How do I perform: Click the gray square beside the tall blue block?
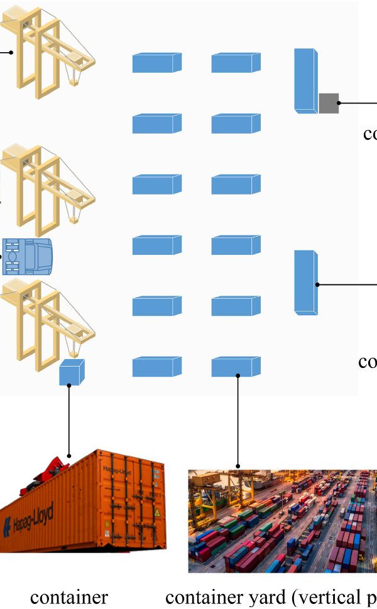329,103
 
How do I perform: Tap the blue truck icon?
28,256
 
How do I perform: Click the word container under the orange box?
69,597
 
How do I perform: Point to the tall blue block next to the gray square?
305,80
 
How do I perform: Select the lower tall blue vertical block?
305,281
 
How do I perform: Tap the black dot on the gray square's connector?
339,103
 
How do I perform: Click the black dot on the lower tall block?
318,284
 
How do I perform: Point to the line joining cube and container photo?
69,421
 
